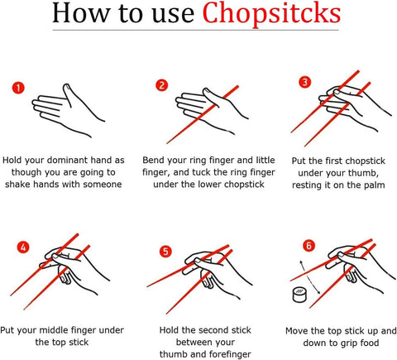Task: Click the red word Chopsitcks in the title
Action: (x=271, y=14)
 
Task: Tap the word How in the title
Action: (x=81, y=13)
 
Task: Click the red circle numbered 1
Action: (x=18, y=88)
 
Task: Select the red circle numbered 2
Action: (x=161, y=85)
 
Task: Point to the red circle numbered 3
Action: (x=305, y=82)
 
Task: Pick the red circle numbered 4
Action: (x=23, y=247)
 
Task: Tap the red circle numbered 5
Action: (x=165, y=252)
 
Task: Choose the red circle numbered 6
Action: (x=309, y=245)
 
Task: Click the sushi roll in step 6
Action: (x=299, y=295)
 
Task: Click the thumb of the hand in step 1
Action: (x=69, y=95)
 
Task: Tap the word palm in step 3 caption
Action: (x=373, y=185)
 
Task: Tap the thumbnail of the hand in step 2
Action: (x=208, y=91)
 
